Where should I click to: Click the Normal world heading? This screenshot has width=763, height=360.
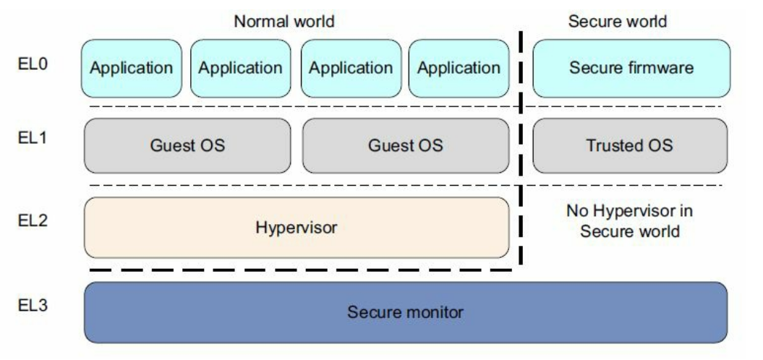click(284, 22)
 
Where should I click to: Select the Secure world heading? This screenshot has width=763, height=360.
click(617, 22)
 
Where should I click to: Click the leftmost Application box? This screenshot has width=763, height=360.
click(131, 69)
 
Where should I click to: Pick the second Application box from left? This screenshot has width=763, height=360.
click(240, 69)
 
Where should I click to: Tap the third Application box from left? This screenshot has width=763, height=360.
click(351, 69)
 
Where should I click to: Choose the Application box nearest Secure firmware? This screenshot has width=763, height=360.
click(459, 69)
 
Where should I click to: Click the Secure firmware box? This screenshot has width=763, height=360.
click(631, 69)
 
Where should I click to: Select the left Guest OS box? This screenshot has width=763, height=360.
click(188, 145)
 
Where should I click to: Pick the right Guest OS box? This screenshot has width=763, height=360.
click(406, 145)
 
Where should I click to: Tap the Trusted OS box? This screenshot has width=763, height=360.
click(629, 145)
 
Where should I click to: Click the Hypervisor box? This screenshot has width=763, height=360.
click(297, 228)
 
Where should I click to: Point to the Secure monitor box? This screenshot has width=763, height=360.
click(406, 312)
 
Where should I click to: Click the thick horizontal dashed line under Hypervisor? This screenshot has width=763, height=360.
click(297, 270)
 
